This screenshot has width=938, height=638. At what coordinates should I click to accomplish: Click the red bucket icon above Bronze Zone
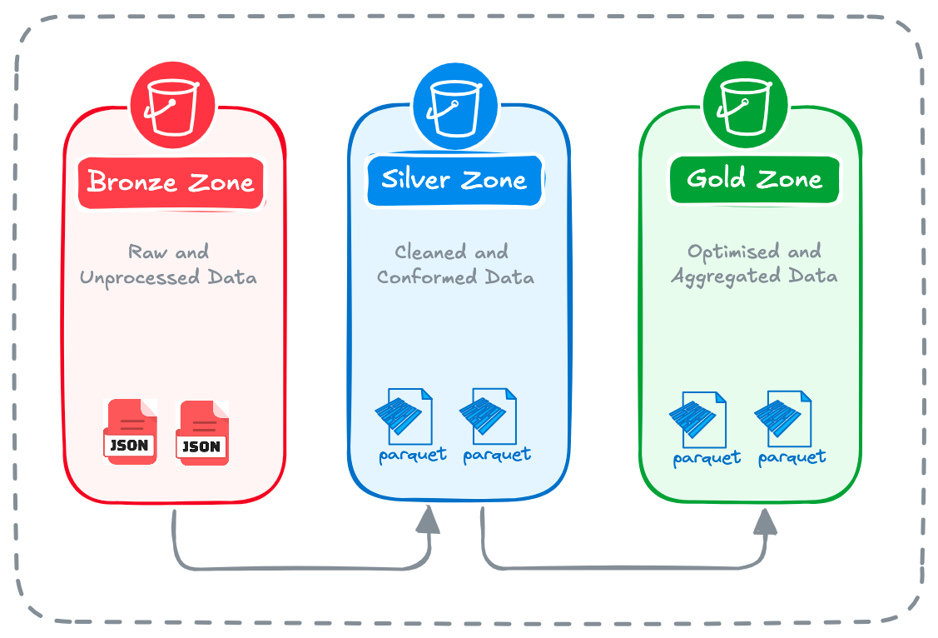(x=172, y=106)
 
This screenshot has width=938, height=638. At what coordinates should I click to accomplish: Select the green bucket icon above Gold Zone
(x=745, y=104)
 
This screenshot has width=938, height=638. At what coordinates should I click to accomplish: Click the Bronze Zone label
(x=171, y=182)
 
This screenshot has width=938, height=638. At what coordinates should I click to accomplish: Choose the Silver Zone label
(x=454, y=180)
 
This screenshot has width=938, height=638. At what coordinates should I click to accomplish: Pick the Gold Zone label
(x=754, y=179)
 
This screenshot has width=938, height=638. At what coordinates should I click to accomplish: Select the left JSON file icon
(x=130, y=431)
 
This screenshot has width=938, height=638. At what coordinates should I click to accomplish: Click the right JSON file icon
(x=202, y=432)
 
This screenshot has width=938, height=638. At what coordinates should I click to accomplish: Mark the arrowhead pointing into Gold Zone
(x=765, y=521)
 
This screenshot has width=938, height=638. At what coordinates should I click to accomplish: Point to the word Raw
(x=146, y=252)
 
